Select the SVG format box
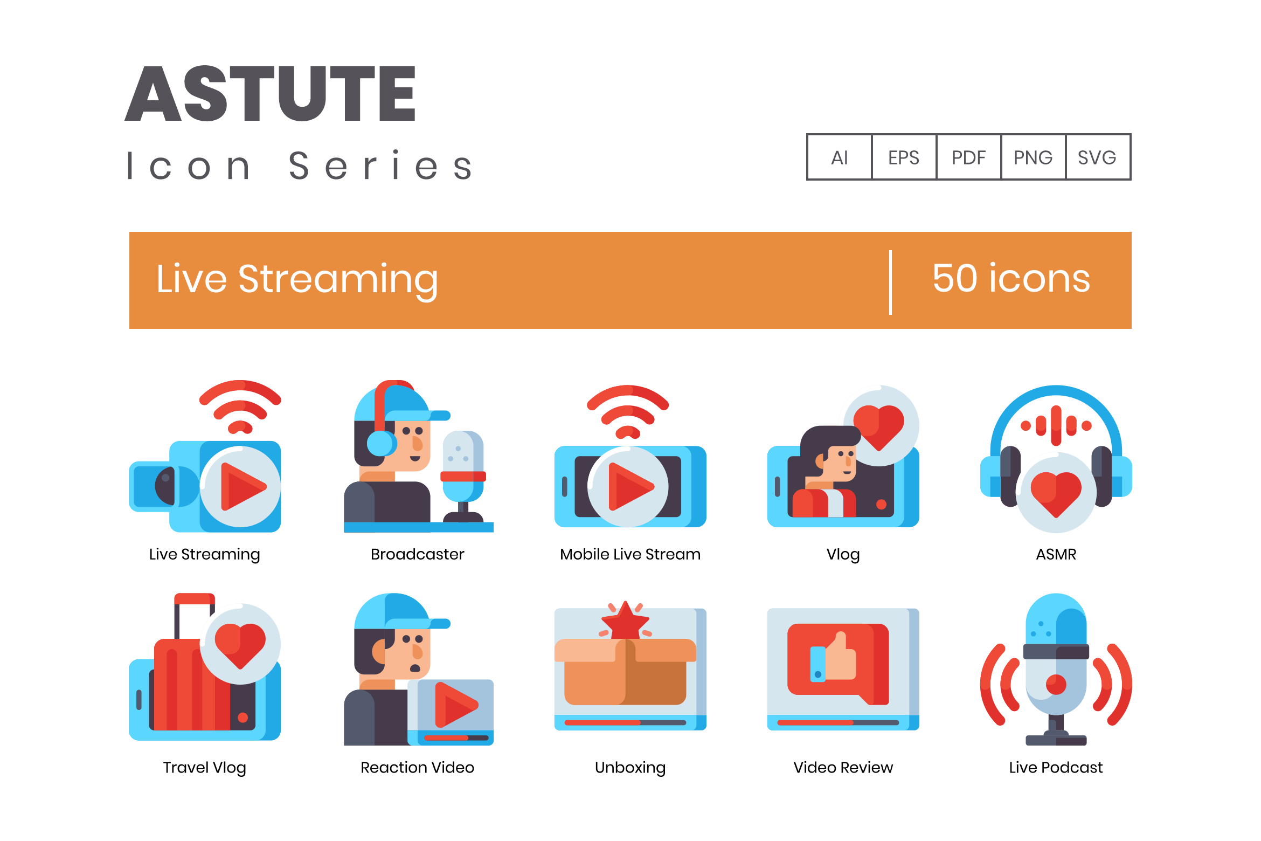tap(1098, 157)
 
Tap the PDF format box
tap(968, 157)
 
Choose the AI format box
tap(839, 157)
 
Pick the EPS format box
tap(904, 157)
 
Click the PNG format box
tap(1033, 157)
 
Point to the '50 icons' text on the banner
tap(1011, 279)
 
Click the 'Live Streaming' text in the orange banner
tap(297, 280)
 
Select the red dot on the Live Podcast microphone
tap(1056, 685)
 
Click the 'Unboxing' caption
tap(630, 768)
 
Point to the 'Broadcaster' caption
tap(417, 554)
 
